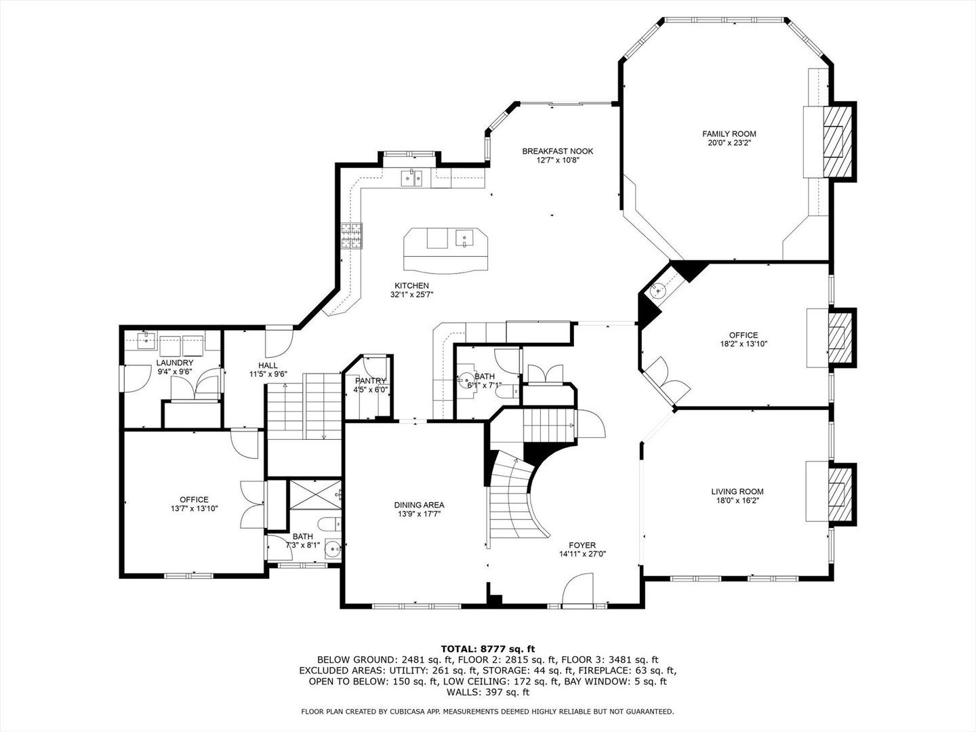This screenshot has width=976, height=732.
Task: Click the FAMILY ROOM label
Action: (729, 134)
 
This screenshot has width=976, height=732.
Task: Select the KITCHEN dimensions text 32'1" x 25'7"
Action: (411, 295)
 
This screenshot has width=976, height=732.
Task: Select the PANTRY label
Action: (371, 381)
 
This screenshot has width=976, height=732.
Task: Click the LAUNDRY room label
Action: (175, 363)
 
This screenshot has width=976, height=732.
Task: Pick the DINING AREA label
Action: (419, 505)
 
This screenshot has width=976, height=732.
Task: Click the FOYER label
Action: (582, 545)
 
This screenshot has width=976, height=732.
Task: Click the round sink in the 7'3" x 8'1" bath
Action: (333, 550)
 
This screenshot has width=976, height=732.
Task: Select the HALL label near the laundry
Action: (267, 365)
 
